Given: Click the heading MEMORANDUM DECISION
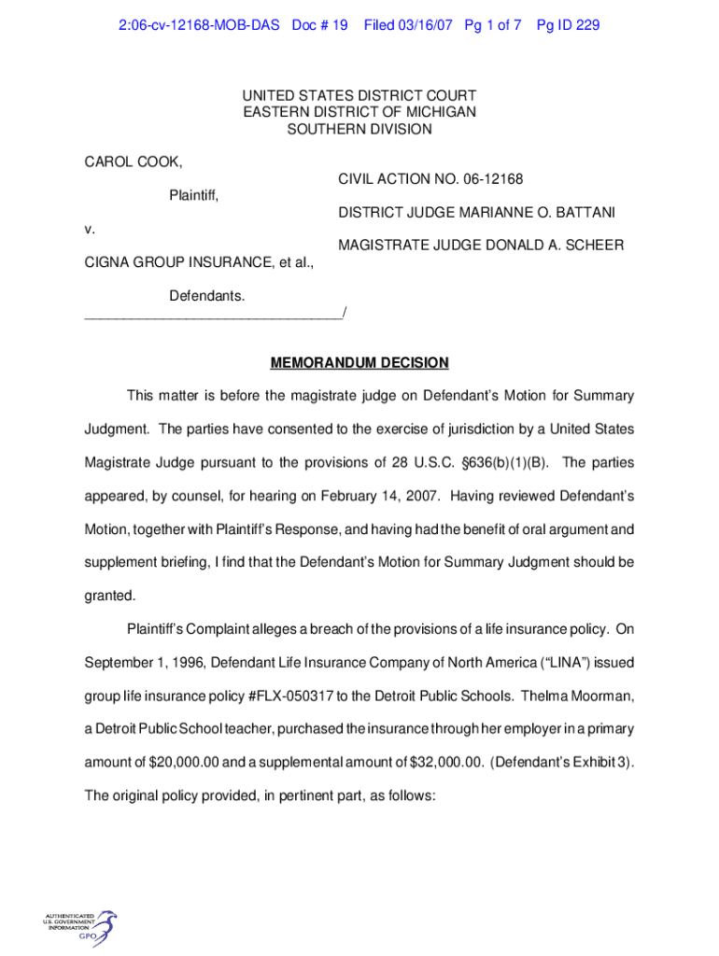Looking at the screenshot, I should pyautogui.click(x=359, y=362).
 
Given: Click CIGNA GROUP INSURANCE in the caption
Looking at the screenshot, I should pyautogui.click(x=173, y=262).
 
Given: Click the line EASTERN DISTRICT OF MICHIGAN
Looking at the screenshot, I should pyautogui.click(x=359, y=112).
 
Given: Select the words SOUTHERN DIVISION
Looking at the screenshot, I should pyautogui.click(x=359, y=129).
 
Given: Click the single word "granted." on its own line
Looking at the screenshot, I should pyautogui.click(x=109, y=596).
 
